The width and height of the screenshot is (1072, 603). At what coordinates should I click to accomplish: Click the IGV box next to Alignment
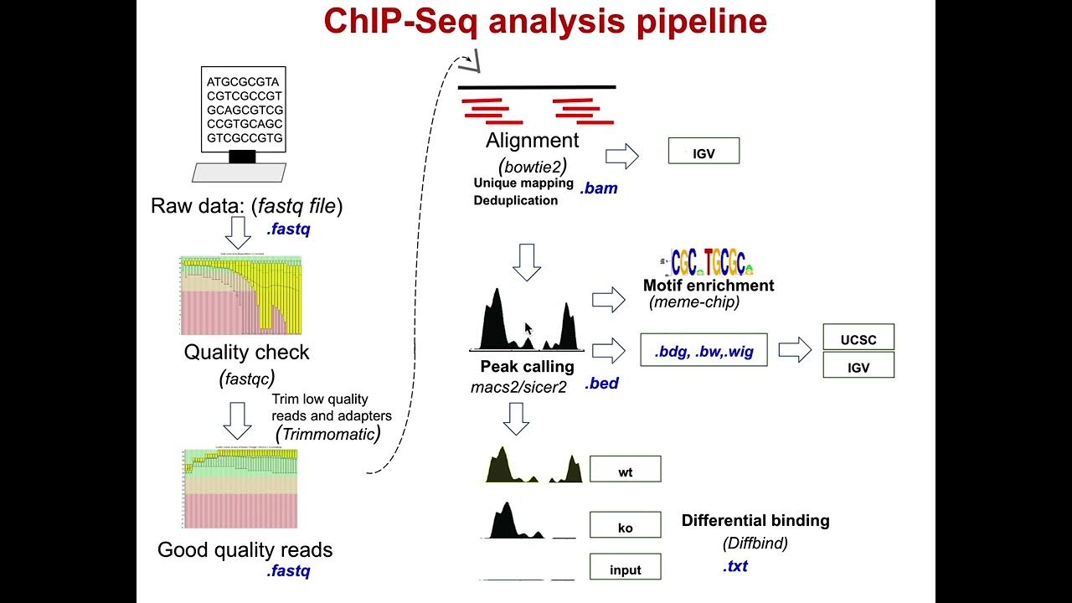703,151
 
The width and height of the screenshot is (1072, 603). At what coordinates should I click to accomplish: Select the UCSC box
859,338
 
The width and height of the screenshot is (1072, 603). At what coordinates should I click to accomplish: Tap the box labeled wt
626,470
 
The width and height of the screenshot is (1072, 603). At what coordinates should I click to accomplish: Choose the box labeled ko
626,525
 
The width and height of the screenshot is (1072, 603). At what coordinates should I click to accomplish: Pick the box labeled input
626,568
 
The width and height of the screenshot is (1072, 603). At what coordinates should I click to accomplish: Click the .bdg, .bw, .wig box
703,351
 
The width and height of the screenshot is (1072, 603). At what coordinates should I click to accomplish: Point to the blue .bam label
599,188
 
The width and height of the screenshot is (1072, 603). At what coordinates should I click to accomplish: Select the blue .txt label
734,567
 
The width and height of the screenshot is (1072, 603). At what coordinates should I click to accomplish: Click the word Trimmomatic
327,434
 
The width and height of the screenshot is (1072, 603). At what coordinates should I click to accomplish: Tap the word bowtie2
533,166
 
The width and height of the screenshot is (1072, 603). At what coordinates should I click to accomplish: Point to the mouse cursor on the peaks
527,329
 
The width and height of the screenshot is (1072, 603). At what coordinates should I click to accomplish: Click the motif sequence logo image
711,263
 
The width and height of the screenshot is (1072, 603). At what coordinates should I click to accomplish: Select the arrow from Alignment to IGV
621,156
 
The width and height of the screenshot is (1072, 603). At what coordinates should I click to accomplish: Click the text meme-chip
694,302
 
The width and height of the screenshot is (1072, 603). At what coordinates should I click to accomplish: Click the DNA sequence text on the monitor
245,110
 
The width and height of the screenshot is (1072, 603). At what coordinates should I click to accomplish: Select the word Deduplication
515,200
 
